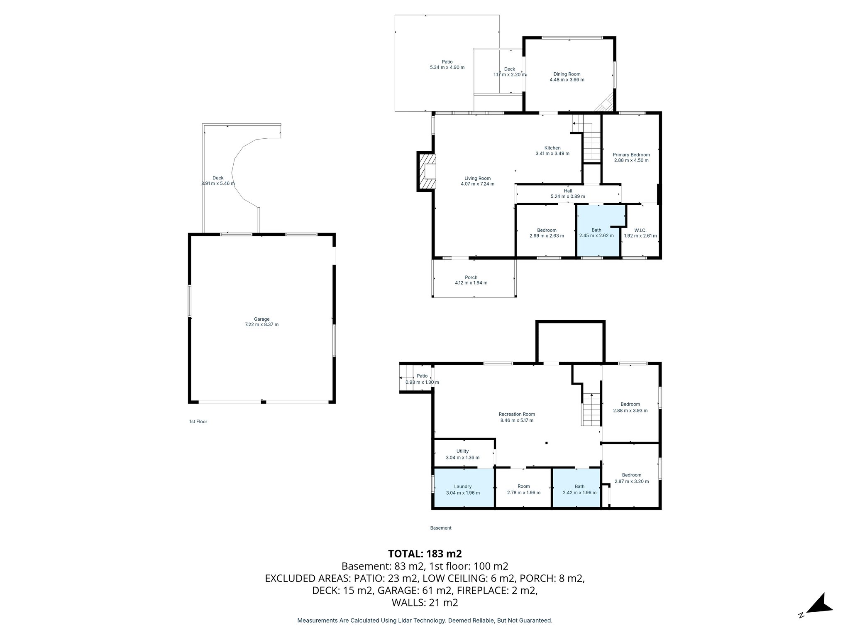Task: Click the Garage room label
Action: click(x=261, y=319)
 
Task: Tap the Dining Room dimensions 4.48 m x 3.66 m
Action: click(x=567, y=80)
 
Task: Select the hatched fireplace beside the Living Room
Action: click(x=427, y=172)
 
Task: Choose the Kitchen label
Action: click(x=552, y=148)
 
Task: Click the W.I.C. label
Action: click(x=640, y=230)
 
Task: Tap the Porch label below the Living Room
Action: click(x=471, y=277)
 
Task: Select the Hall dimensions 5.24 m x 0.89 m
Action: click(x=568, y=196)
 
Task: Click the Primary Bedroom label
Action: click(x=631, y=155)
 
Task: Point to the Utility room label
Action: click(x=462, y=451)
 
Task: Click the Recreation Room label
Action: click(x=517, y=414)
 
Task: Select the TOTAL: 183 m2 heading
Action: click(x=425, y=554)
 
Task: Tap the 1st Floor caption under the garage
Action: click(x=198, y=422)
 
